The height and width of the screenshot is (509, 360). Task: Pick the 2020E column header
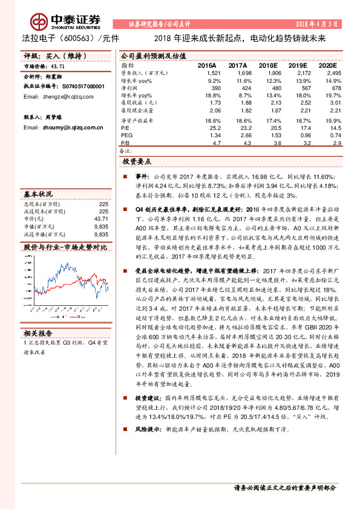pyautogui.click(x=326, y=65)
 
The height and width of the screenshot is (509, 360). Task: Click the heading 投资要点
pyautogui.click(x=136, y=163)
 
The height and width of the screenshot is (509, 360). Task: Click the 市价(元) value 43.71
pyautogui.click(x=101, y=218)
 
